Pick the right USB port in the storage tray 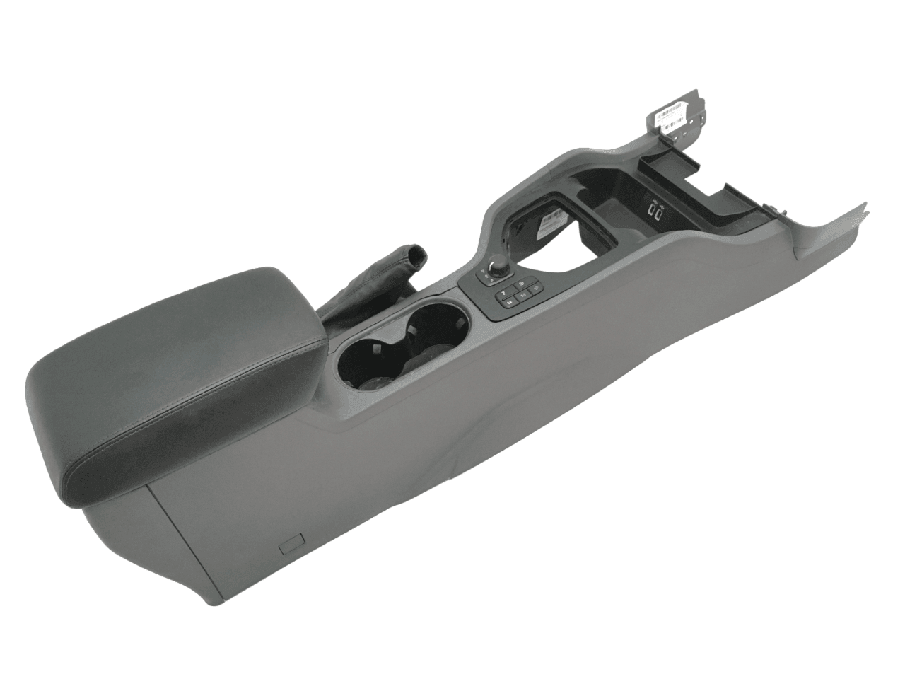[662, 209]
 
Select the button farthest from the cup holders [524, 286]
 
